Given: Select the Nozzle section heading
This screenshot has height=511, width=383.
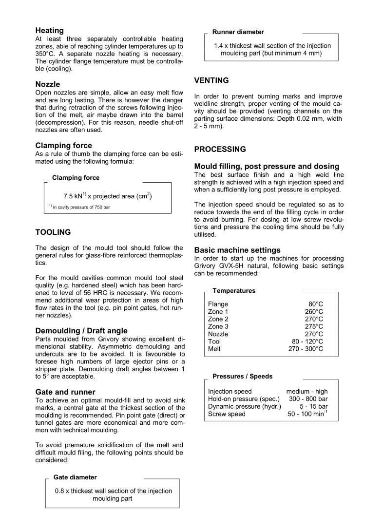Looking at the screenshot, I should [x=48, y=84].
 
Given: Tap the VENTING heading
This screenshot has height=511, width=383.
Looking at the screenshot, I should [x=211, y=80].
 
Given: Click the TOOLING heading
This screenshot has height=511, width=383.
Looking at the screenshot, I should [x=53, y=232].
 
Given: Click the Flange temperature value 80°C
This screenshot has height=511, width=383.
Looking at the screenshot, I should [x=314, y=304].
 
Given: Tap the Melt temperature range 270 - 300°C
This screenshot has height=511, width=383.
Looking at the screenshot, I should [x=306, y=349].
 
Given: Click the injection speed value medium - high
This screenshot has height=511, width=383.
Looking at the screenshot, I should [x=307, y=391].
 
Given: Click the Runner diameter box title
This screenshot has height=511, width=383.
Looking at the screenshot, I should [x=238, y=32].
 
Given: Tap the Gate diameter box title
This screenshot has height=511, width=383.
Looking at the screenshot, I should [x=75, y=477].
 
